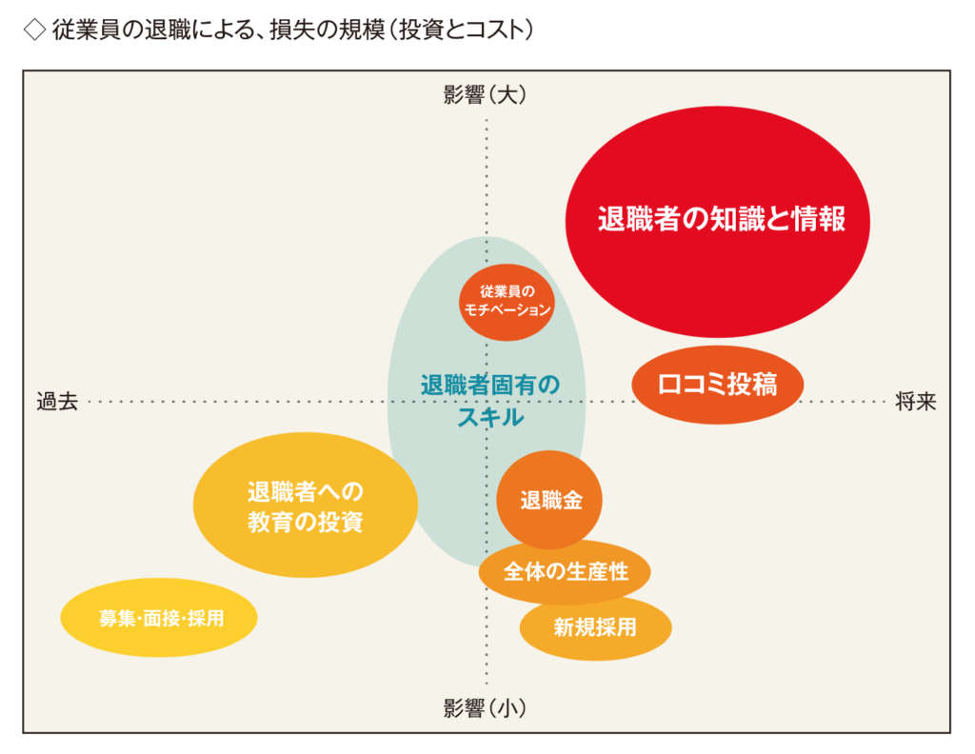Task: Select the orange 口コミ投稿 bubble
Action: pos(718,385)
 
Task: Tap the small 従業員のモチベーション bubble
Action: pos(507,301)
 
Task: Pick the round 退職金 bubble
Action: pos(549,500)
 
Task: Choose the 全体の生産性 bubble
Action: pos(566,572)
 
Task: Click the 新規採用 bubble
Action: pos(595,627)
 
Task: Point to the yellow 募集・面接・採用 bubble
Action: pos(160,618)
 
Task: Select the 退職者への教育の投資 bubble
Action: pos(305,506)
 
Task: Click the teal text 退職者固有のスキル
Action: pos(489,400)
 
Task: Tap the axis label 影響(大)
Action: pos(485,94)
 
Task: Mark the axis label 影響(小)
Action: pos(485,708)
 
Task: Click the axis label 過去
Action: pos(56,402)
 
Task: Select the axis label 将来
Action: pos(916,402)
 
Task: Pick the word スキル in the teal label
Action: pos(489,416)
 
